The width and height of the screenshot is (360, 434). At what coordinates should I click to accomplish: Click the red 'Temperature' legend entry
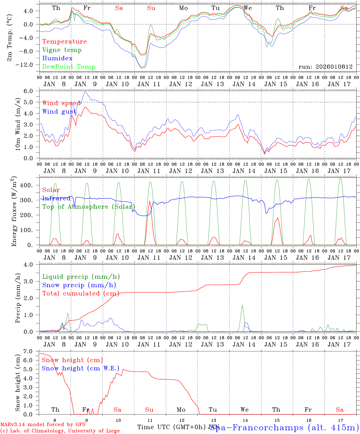[x=64, y=42]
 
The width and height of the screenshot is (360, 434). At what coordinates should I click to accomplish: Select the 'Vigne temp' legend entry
[x=62, y=50]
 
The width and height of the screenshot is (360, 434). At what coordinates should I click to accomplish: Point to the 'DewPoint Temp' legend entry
[x=69, y=67]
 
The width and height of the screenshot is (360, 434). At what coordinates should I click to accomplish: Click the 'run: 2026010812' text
[x=325, y=67]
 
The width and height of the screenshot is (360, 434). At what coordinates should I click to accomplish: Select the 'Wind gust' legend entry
[x=59, y=112]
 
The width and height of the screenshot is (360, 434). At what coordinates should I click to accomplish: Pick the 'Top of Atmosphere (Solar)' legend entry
[x=89, y=207]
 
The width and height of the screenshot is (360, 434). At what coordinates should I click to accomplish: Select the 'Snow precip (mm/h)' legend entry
[x=79, y=285]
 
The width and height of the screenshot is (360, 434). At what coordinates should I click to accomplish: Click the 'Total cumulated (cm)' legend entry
[x=81, y=293]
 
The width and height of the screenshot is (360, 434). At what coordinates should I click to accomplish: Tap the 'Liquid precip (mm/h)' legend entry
[x=81, y=277]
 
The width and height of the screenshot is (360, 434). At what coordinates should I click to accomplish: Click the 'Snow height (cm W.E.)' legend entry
[x=81, y=368]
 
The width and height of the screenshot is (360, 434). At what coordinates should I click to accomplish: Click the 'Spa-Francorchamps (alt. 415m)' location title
[x=284, y=427]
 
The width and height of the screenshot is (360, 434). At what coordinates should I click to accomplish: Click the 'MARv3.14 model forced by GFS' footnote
[x=43, y=425]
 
